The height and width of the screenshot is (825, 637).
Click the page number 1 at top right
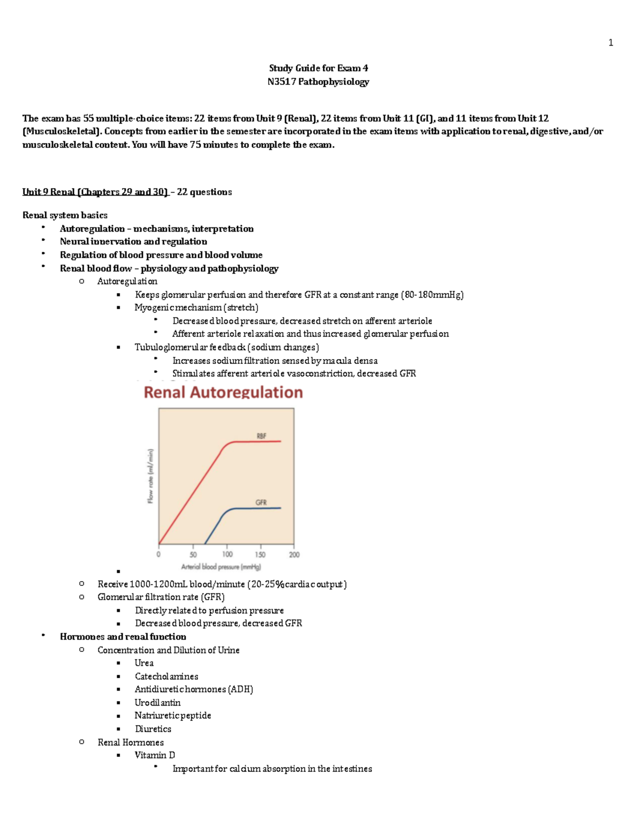(x=610, y=42)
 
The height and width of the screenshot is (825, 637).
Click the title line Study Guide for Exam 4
(x=318, y=68)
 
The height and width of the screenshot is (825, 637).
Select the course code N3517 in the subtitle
(x=281, y=82)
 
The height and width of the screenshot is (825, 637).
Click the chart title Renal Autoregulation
(x=223, y=393)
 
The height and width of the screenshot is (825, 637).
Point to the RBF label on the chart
(x=262, y=436)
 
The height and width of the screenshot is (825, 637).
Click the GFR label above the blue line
(x=261, y=502)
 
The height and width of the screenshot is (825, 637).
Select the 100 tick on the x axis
(x=227, y=554)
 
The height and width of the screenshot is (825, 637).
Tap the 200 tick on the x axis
(x=294, y=554)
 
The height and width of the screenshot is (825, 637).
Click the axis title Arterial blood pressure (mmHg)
(x=221, y=567)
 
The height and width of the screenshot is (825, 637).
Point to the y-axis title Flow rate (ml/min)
(x=151, y=476)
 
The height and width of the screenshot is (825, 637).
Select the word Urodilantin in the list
(x=157, y=702)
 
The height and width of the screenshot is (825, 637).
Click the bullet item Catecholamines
(x=166, y=676)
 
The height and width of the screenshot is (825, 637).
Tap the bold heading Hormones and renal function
(x=123, y=636)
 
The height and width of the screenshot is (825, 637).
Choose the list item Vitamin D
(x=154, y=755)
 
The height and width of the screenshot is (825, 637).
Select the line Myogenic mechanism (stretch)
(x=196, y=308)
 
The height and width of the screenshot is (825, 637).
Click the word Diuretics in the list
(x=153, y=729)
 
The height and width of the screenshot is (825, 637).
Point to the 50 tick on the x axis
(x=193, y=554)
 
